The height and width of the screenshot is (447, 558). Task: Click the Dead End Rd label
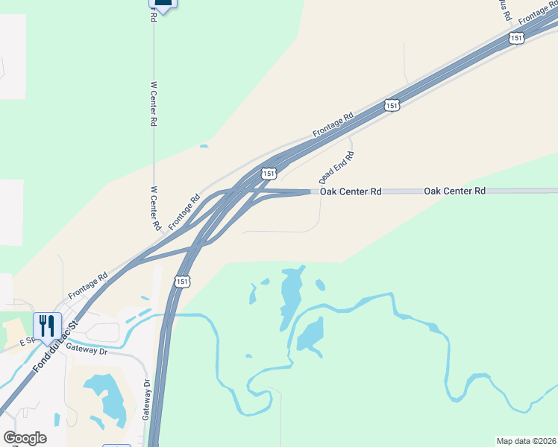pos(336,167)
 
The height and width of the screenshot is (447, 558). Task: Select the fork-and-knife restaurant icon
pos(46,325)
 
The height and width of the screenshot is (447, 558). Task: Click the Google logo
pos(25,438)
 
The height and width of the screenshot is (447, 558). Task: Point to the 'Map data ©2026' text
pos(527,441)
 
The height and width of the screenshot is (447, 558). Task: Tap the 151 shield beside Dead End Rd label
pos(269,174)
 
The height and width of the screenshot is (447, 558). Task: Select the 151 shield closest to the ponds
pos(184,281)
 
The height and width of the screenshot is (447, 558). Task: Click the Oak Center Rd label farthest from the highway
pos(454,191)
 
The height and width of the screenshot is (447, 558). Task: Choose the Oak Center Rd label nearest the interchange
pos(351,191)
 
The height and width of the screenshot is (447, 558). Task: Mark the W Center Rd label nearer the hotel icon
pos(154,104)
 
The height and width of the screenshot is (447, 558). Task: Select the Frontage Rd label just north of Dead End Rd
pos(333,124)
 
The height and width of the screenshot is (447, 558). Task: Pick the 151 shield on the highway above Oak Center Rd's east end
pos(392,105)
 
